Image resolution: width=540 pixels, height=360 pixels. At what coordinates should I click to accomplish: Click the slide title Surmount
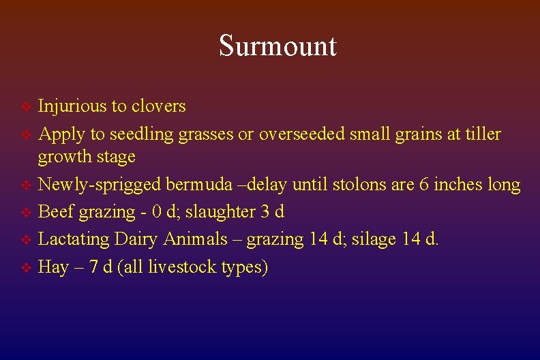277,46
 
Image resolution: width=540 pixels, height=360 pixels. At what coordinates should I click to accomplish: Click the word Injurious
72,106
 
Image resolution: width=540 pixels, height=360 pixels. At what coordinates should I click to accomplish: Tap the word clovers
158,106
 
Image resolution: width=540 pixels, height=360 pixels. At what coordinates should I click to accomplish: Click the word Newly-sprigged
100,185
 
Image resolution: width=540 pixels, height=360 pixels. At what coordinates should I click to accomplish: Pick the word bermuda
198,185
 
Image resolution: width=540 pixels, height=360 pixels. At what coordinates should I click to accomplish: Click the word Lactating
74,239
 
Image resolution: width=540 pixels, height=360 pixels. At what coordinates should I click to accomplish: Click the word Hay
53,267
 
